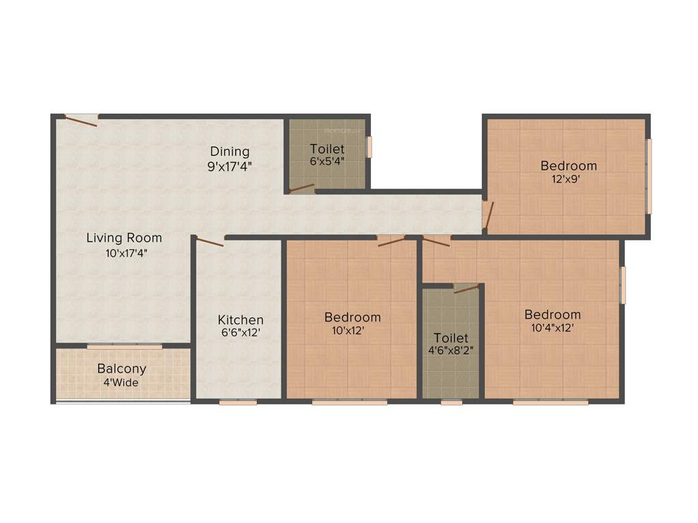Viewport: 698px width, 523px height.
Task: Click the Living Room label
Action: (x=124, y=238)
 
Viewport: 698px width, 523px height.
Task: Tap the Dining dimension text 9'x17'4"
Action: (x=230, y=165)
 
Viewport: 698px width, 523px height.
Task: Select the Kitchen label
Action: (x=240, y=319)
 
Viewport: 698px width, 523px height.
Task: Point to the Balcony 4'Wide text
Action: (x=121, y=383)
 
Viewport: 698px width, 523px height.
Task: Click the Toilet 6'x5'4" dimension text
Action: (x=327, y=162)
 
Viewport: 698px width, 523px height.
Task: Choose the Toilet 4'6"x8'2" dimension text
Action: (x=451, y=351)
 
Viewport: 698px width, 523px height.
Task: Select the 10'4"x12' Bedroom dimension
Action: (x=552, y=328)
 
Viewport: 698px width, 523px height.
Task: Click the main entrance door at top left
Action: (x=80, y=120)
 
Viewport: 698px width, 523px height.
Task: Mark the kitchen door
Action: (x=209, y=241)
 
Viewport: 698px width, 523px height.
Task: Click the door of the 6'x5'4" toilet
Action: (x=301, y=188)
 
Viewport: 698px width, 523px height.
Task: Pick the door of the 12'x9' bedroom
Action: (x=487, y=214)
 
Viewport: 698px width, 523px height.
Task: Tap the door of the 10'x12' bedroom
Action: (x=391, y=240)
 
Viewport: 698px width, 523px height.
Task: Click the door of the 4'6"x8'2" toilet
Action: (x=466, y=288)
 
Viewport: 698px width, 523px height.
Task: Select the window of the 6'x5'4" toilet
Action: (x=369, y=147)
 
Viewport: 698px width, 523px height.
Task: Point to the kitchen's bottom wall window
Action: (x=238, y=402)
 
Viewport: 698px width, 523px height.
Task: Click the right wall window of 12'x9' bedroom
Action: (x=649, y=176)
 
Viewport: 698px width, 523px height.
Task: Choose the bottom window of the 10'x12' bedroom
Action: (x=350, y=402)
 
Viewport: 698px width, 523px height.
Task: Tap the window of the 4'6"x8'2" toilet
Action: (x=451, y=402)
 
